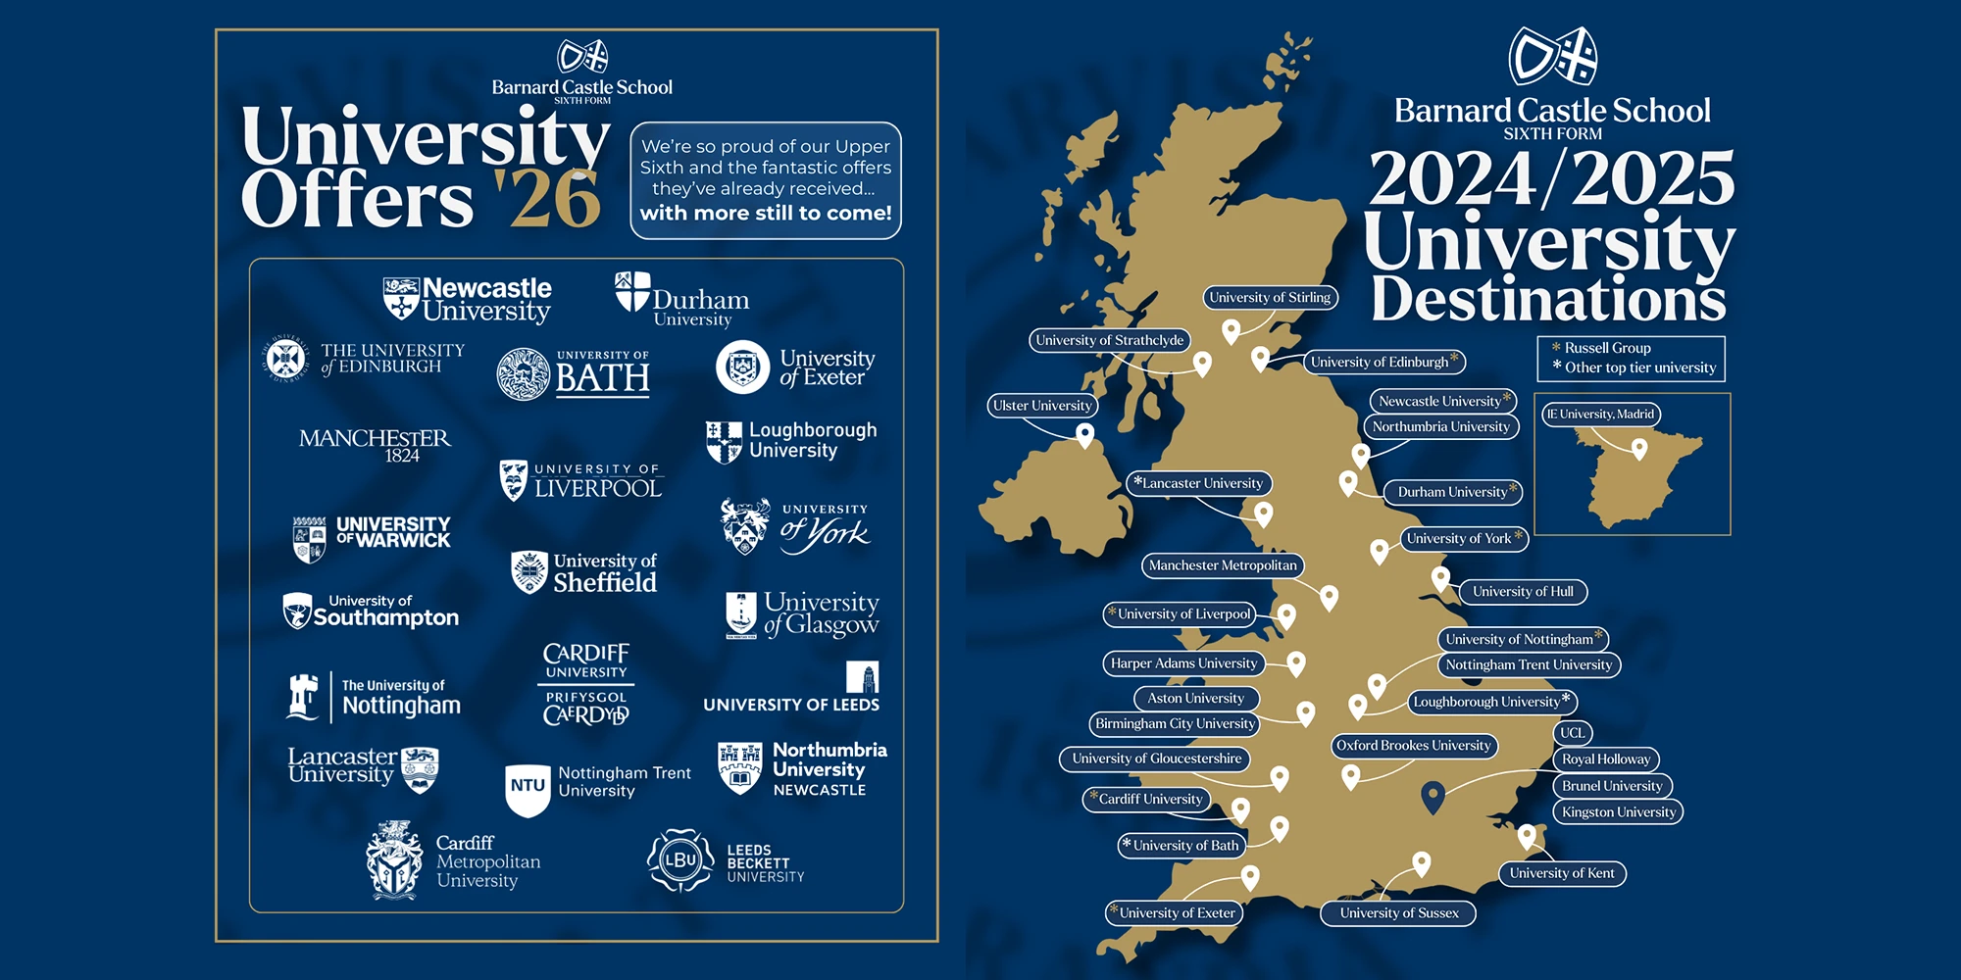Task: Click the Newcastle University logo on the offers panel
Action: pos(468,299)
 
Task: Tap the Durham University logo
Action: pos(682,299)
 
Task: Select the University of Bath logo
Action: pos(574,373)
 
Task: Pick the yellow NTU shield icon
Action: pos(528,787)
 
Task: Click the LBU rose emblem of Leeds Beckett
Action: pos(679,860)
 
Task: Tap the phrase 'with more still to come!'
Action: pos(766,213)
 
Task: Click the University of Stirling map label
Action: pos(1270,297)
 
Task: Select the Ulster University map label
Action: pos(1042,405)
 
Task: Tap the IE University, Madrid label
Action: pos(1600,414)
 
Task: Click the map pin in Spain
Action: pos(1638,448)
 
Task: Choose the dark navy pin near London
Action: pos(1433,797)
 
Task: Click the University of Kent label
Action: pos(1561,873)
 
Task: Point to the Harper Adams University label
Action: pos(1183,663)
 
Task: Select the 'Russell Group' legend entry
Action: pos(1606,348)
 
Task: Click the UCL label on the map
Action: pos(1572,732)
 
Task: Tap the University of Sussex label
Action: pos(1399,912)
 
